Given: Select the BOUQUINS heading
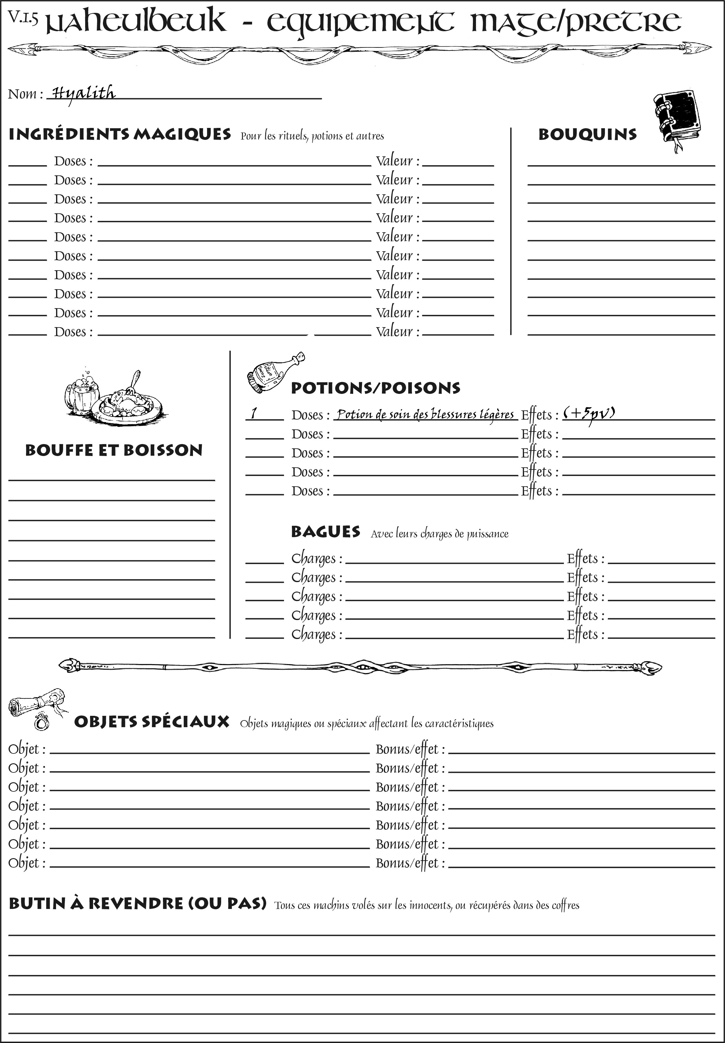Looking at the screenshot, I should pyautogui.click(x=587, y=135).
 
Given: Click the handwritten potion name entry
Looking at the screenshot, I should pyautogui.click(x=425, y=414).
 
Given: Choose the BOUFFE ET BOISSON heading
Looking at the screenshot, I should pyautogui.click(x=114, y=450).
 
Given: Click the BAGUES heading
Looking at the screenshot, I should pyautogui.click(x=326, y=532).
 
